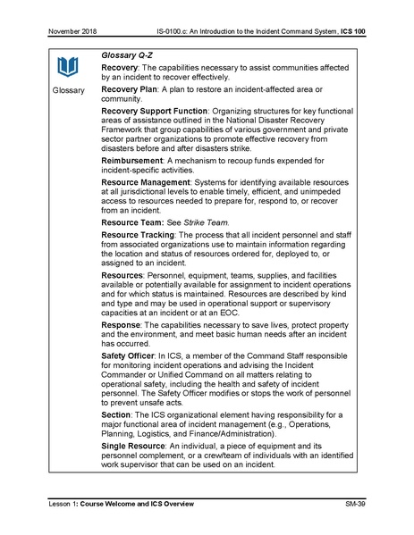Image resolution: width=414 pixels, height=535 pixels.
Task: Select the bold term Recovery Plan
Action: (136, 90)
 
